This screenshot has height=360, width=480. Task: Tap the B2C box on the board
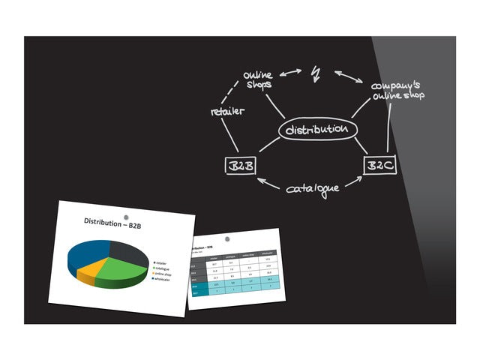tap(379, 165)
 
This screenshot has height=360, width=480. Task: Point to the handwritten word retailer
tap(227, 112)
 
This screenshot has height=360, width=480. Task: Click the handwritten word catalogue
tap(312, 188)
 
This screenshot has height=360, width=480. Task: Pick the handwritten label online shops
tap(259, 79)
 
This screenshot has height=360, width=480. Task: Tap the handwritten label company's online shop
tap(397, 91)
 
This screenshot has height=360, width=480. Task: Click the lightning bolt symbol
tap(316, 73)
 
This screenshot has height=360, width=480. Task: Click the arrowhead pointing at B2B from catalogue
tap(260, 180)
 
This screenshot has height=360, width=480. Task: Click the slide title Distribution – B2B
tap(114, 223)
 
